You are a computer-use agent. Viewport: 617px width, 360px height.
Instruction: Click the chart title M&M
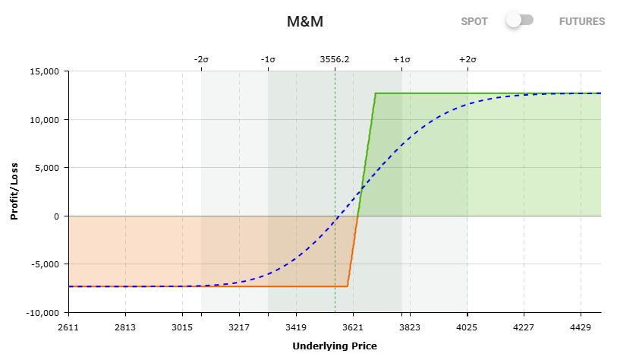point(304,21)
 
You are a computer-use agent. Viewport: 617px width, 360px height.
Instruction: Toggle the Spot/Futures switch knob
point(515,21)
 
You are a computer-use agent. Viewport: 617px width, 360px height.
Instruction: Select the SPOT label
point(474,21)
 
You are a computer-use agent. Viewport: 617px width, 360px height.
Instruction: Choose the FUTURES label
point(582,21)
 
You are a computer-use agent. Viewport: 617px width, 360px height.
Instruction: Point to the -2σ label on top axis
point(201,59)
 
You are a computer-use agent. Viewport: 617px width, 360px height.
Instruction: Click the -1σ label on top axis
point(268,59)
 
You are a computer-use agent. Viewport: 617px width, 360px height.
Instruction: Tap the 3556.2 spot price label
point(335,59)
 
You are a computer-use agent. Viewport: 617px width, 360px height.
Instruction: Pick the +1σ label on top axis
point(401,59)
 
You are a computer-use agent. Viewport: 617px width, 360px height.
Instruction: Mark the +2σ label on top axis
point(467,59)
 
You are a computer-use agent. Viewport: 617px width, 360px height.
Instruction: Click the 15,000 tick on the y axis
point(43,71)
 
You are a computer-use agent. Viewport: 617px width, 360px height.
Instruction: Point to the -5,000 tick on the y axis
point(43,264)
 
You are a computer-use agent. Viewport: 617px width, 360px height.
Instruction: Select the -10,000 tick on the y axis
point(41,312)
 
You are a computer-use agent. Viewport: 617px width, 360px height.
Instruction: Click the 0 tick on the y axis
point(55,216)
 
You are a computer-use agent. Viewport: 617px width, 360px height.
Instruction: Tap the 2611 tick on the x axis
point(68,327)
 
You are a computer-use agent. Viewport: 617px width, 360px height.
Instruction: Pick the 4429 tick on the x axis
point(581,327)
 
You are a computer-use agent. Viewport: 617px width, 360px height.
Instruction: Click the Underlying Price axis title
point(334,346)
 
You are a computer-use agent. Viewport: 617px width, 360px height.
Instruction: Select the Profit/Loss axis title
point(14,191)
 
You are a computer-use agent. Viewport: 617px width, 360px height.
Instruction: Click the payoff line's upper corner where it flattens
point(375,93)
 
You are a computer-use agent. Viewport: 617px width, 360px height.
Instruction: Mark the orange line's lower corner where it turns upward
point(348,286)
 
